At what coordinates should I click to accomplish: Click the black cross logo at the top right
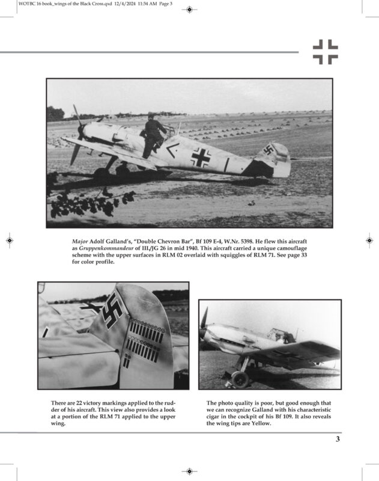(x=325, y=52)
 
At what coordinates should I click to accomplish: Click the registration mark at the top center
(x=189, y=10)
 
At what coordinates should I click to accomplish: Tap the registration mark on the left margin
(x=10, y=240)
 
